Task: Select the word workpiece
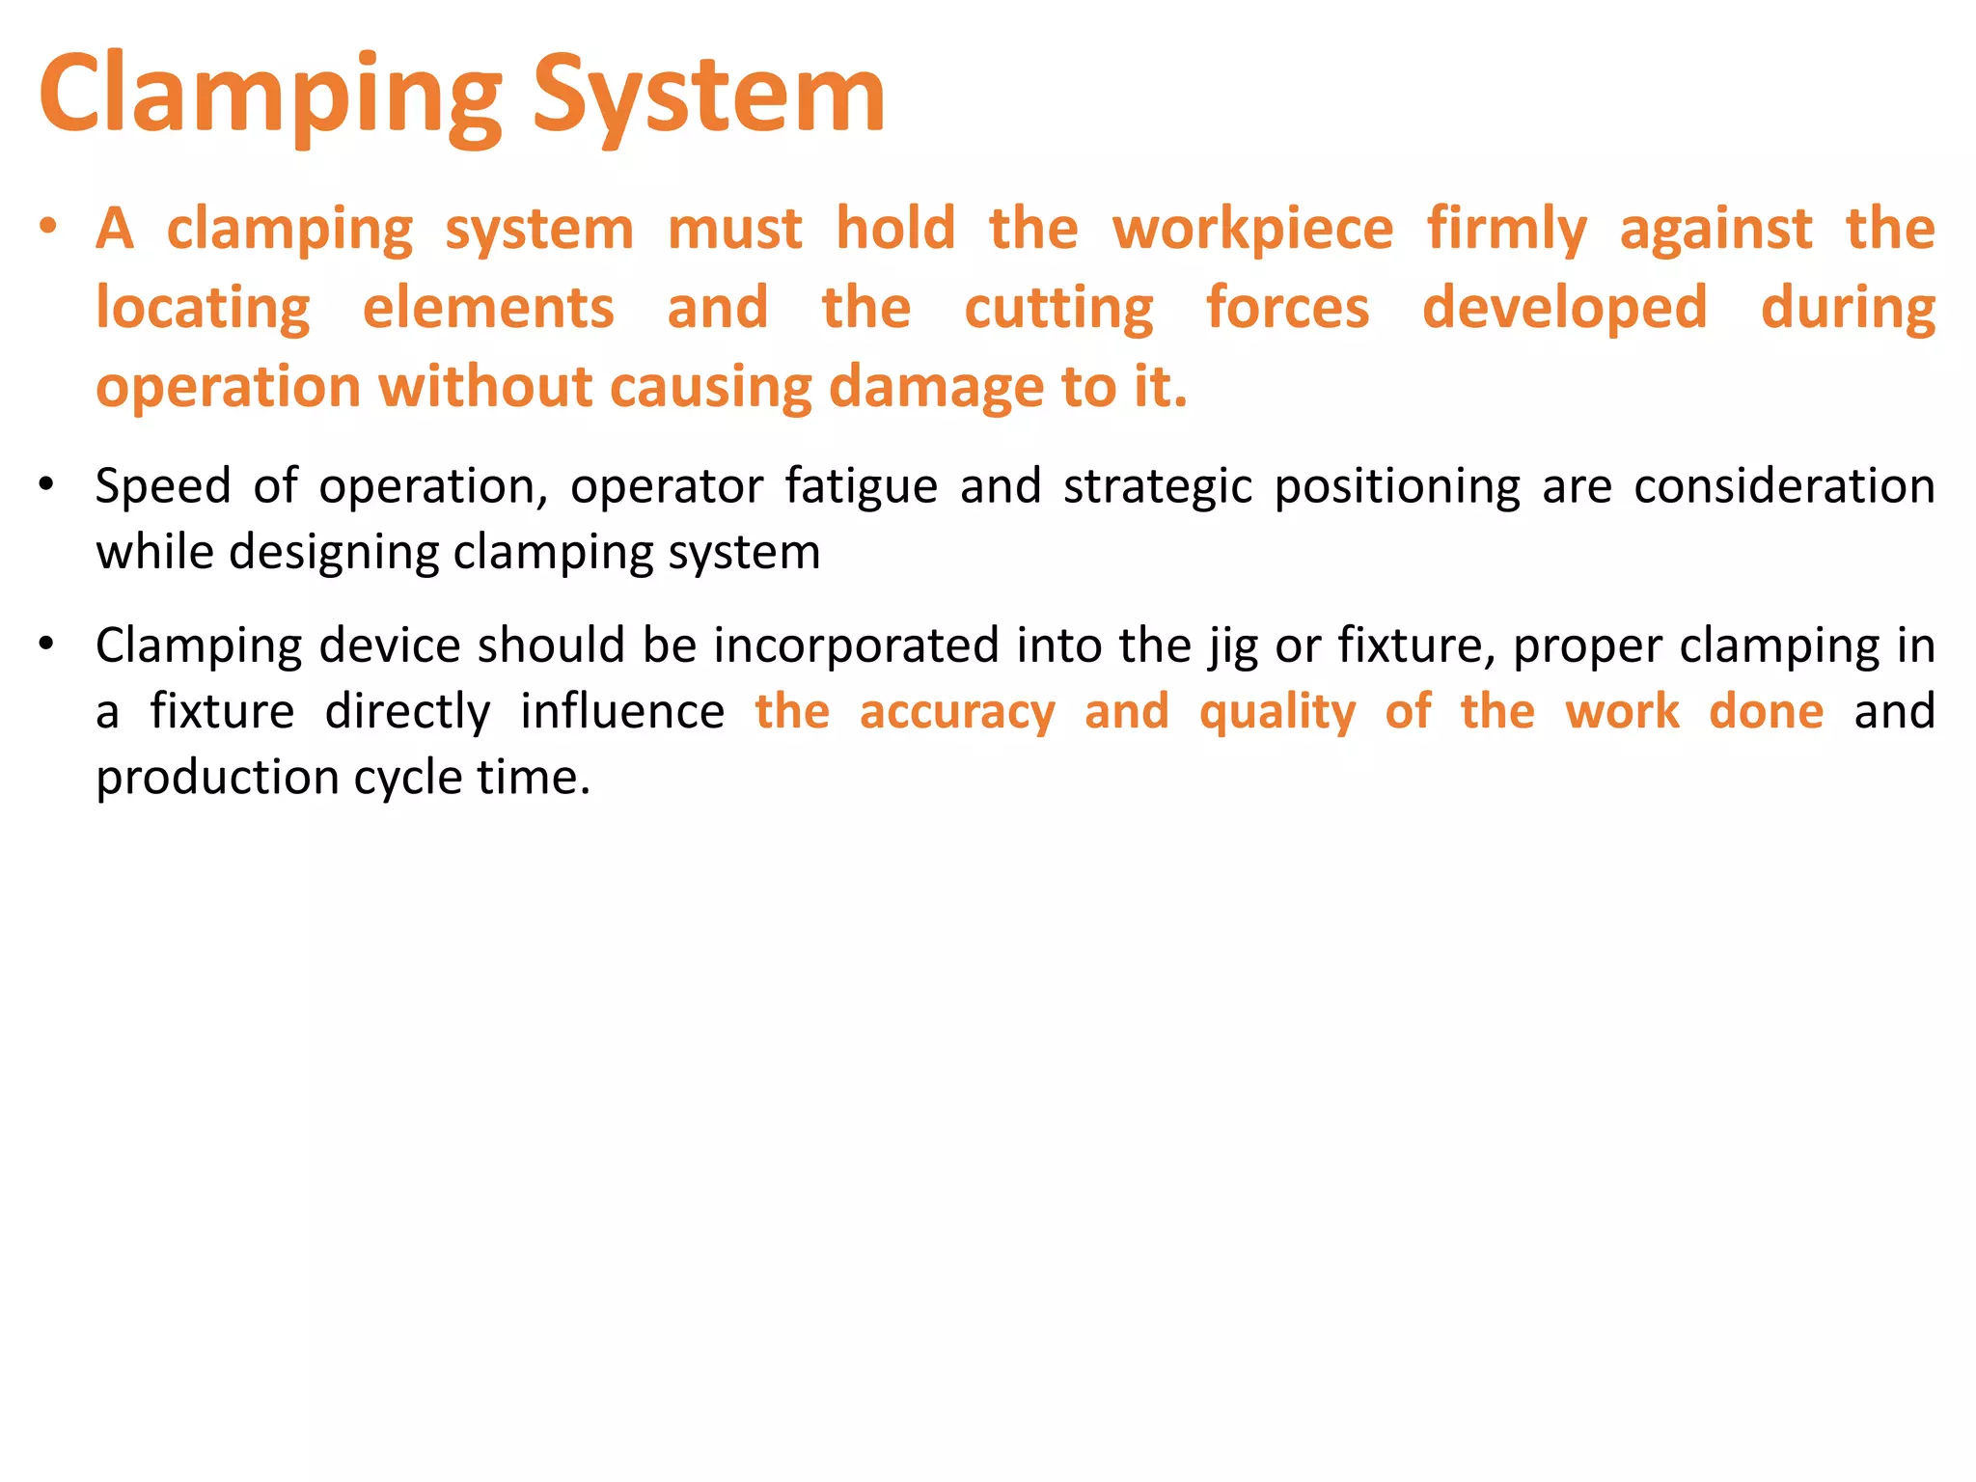pyautogui.click(x=1252, y=230)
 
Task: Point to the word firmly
pyautogui.click(x=1506, y=230)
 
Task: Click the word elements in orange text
pyautogui.click(x=488, y=309)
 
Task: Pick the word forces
pyautogui.click(x=1287, y=309)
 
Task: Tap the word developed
pyautogui.click(x=1564, y=309)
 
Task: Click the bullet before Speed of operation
pyautogui.click(x=47, y=484)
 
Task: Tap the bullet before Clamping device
pyautogui.click(x=47, y=644)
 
